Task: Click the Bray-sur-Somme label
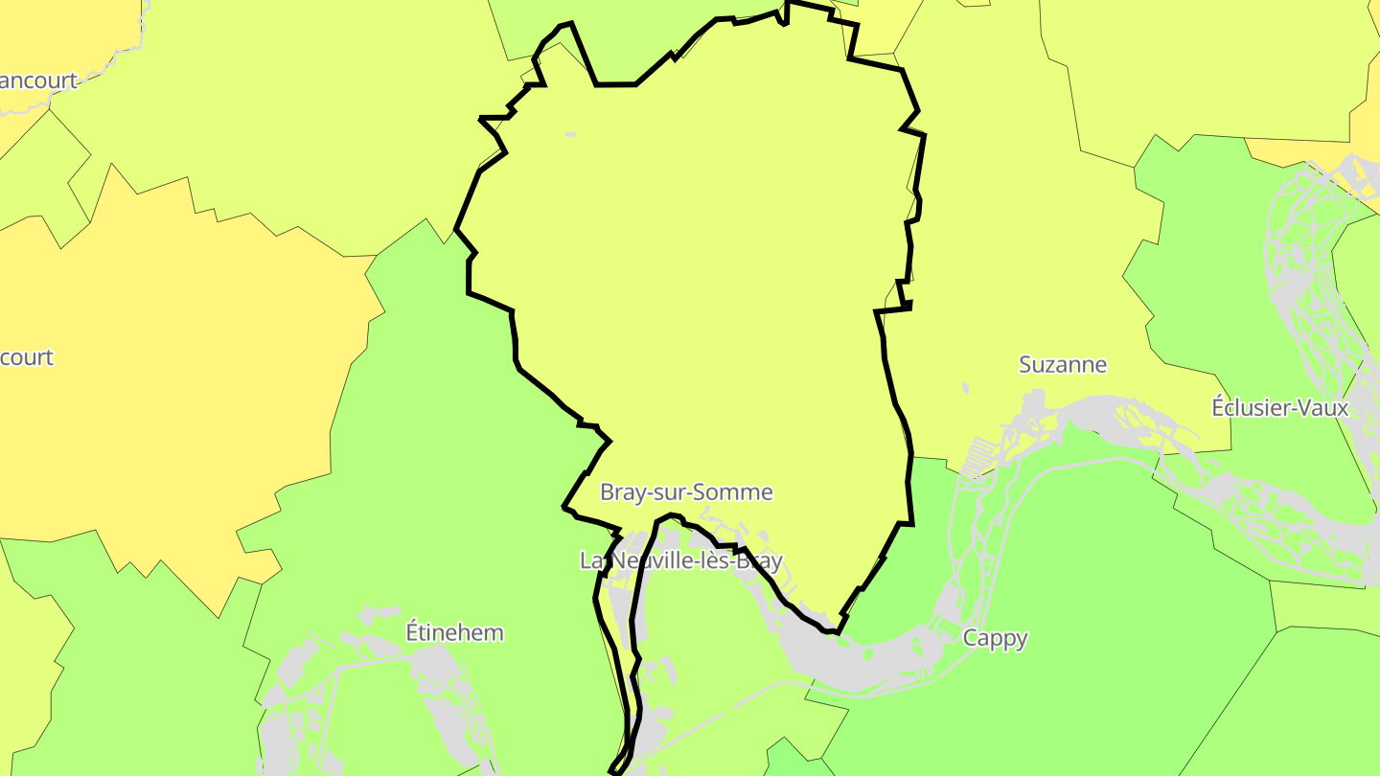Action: click(685, 492)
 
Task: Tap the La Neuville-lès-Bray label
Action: click(680, 560)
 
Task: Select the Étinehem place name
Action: click(454, 633)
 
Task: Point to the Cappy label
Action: click(995, 638)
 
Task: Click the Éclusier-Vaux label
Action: click(1279, 408)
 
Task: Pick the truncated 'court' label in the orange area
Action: click(26, 358)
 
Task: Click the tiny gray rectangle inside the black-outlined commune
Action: click(570, 134)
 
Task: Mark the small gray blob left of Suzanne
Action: click(965, 388)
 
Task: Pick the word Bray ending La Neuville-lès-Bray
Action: click(757, 560)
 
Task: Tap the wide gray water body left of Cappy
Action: click(862, 661)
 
